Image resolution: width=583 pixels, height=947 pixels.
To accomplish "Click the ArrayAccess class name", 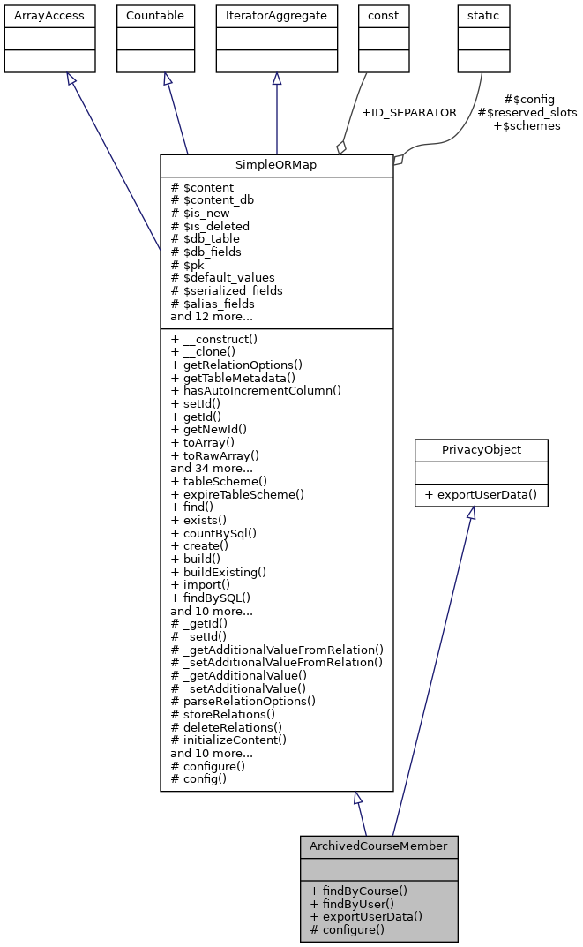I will point(37,15).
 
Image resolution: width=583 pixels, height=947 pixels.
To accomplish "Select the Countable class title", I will point(155,15).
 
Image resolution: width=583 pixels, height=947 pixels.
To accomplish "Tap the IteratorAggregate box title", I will point(277,15).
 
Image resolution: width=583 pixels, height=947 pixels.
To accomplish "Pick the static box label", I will point(483,15).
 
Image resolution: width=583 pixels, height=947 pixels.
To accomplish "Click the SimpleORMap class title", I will point(276,166).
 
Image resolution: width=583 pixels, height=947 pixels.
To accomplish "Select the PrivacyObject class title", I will point(482,450).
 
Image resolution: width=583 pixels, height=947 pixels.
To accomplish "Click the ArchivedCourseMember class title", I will point(378,846).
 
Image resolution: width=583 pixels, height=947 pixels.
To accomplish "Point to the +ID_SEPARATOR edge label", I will point(409,113).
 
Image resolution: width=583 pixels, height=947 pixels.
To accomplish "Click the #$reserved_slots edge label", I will point(527,113).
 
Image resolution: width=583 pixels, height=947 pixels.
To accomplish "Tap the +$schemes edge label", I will point(527,126).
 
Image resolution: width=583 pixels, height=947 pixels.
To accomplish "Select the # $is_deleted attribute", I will point(210,226).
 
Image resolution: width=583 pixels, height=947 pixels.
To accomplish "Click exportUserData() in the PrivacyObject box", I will point(482,494).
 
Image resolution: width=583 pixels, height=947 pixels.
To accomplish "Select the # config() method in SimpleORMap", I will point(198,778).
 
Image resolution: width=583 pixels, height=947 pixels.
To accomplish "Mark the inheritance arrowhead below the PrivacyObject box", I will point(471,514).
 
